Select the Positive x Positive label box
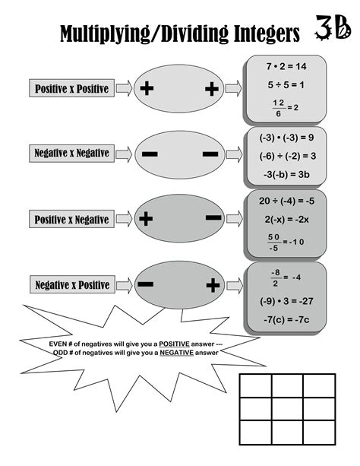pyautogui.click(x=72, y=89)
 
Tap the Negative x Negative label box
pyautogui.click(x=72, y=154)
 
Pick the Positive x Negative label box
pyautogui.click(x=72, y=220)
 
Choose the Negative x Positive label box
pyautogui.click(x=72, y=285)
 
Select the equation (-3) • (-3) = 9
pyautogui.click(x=286, y=138)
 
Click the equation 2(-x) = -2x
pyautogui.click(x=286, y=220)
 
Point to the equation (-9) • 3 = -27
pyautogui.click(x=286, y=300)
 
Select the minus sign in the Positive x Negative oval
pyautogui.click(x=213, y=218)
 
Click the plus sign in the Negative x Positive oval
pyautogui.click(x=213, y=285)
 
